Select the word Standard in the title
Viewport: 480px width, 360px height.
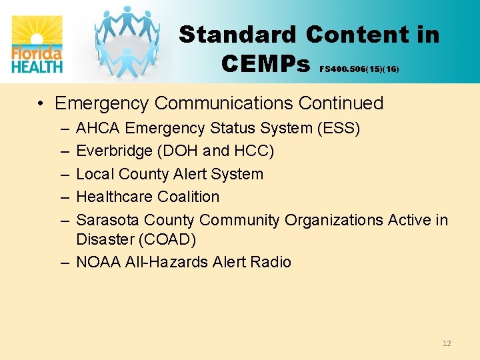tap(238, 35)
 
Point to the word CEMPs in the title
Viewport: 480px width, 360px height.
tap(266, 64)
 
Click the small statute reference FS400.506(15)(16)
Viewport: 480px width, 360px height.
tap(359, 69)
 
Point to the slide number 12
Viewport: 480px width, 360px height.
tap(447, 343)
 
